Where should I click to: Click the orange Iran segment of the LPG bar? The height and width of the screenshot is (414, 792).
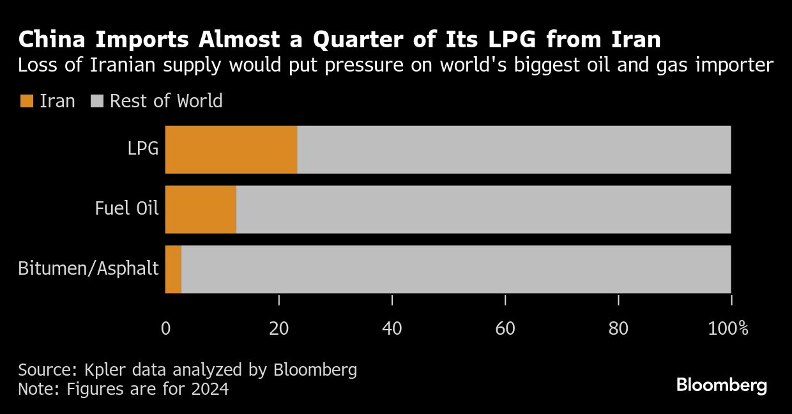(x=231, y=149)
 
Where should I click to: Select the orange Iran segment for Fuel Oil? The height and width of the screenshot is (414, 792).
(x=201, y=210)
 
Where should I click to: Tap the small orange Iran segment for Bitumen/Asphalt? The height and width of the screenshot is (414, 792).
(x=173, y=269)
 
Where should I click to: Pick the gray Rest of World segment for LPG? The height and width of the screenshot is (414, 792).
(x=514, y=149)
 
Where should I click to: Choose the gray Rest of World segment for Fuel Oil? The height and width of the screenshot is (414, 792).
(x=484, y=210)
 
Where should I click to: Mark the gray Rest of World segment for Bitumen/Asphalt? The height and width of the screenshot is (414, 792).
(x=456, y=269)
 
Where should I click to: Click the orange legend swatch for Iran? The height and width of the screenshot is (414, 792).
(x=26, y=101)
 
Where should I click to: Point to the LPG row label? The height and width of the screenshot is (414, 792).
(x=142, y=149)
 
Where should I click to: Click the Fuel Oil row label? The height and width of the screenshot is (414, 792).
(x=126, y=209)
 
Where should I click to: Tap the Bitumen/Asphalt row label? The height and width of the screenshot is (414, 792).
(x=88, y=269)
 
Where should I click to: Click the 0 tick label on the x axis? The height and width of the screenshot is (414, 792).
(x=166, y=329)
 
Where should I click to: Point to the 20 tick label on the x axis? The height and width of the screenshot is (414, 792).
(x=279, y=329)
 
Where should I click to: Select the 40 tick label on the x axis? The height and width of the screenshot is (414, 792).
(x=392, y=329)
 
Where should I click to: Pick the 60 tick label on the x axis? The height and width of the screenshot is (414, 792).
(x=505, y=329)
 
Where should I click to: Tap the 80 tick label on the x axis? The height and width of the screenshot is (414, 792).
(x=618, y=329)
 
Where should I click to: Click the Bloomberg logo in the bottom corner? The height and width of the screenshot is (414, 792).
(x=721, y=385)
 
